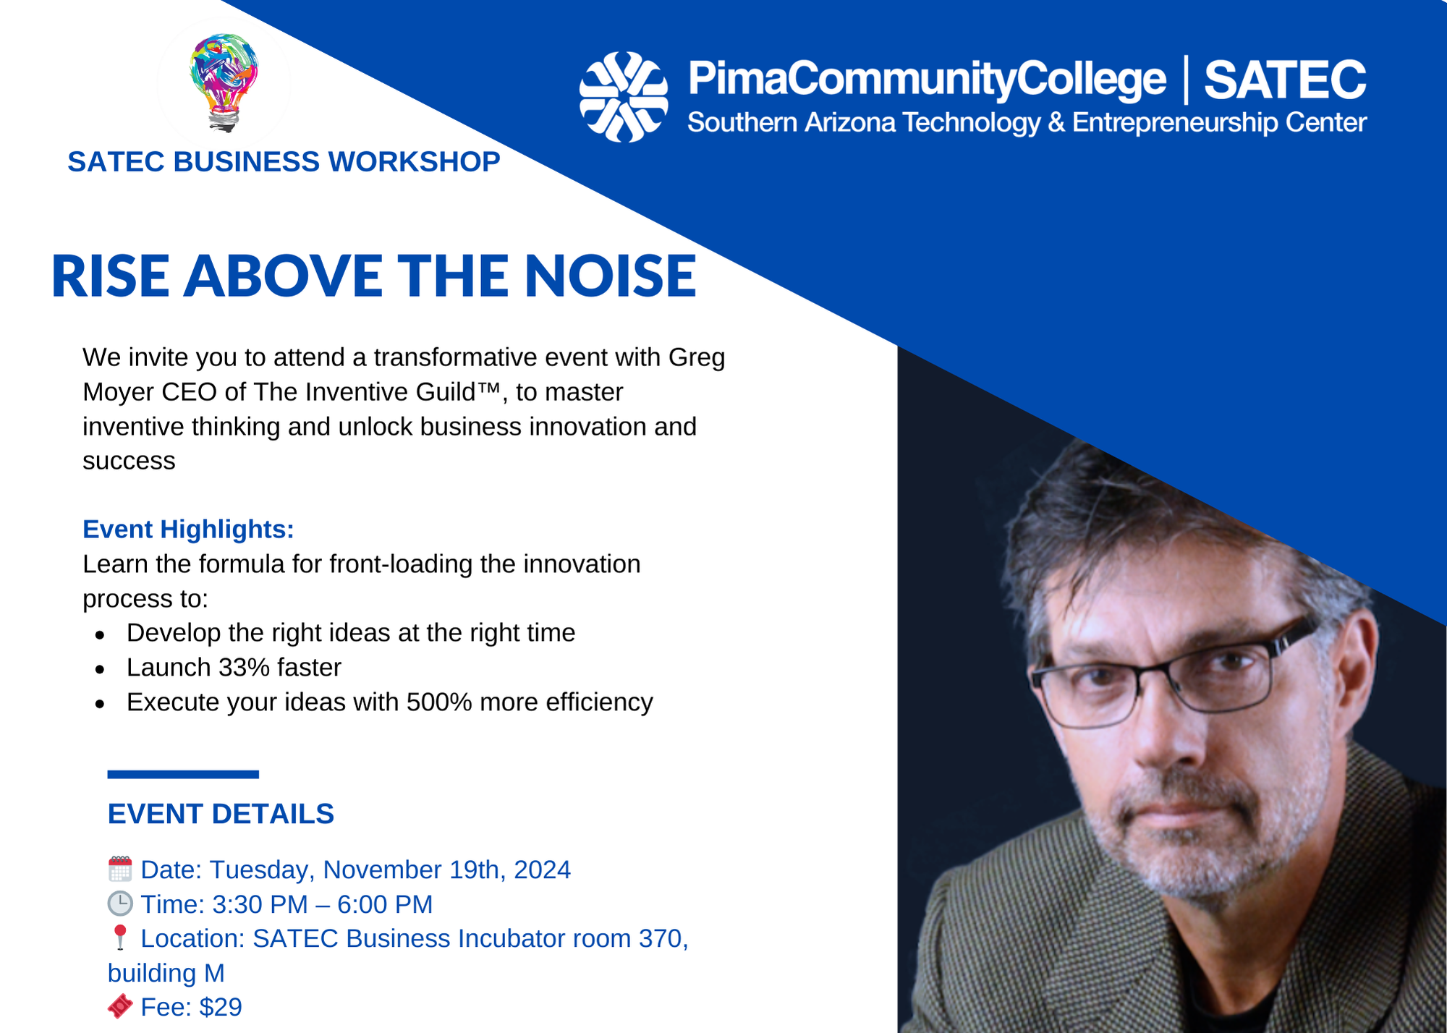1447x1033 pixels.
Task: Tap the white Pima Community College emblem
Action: tap(624, 97)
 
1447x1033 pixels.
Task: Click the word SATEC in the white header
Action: tap(1285, 80)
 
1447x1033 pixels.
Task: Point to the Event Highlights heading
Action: tap(188, 529)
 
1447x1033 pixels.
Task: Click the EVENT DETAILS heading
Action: tap(221, 814)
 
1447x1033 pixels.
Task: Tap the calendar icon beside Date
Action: tap(120, 869)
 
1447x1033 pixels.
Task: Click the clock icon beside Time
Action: tap(120, 904)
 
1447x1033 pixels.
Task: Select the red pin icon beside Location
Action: tap(120, 938)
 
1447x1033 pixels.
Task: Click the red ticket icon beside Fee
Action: tap(120, 1006)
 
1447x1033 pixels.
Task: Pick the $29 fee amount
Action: tap(221, 1007)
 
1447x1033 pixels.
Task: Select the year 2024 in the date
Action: tap(542, 870)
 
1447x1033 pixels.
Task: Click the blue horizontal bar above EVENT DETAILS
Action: tap(183, 775)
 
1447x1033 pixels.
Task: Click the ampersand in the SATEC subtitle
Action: tap(1056, 122)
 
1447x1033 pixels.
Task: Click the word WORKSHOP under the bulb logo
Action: tap(415, 162)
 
